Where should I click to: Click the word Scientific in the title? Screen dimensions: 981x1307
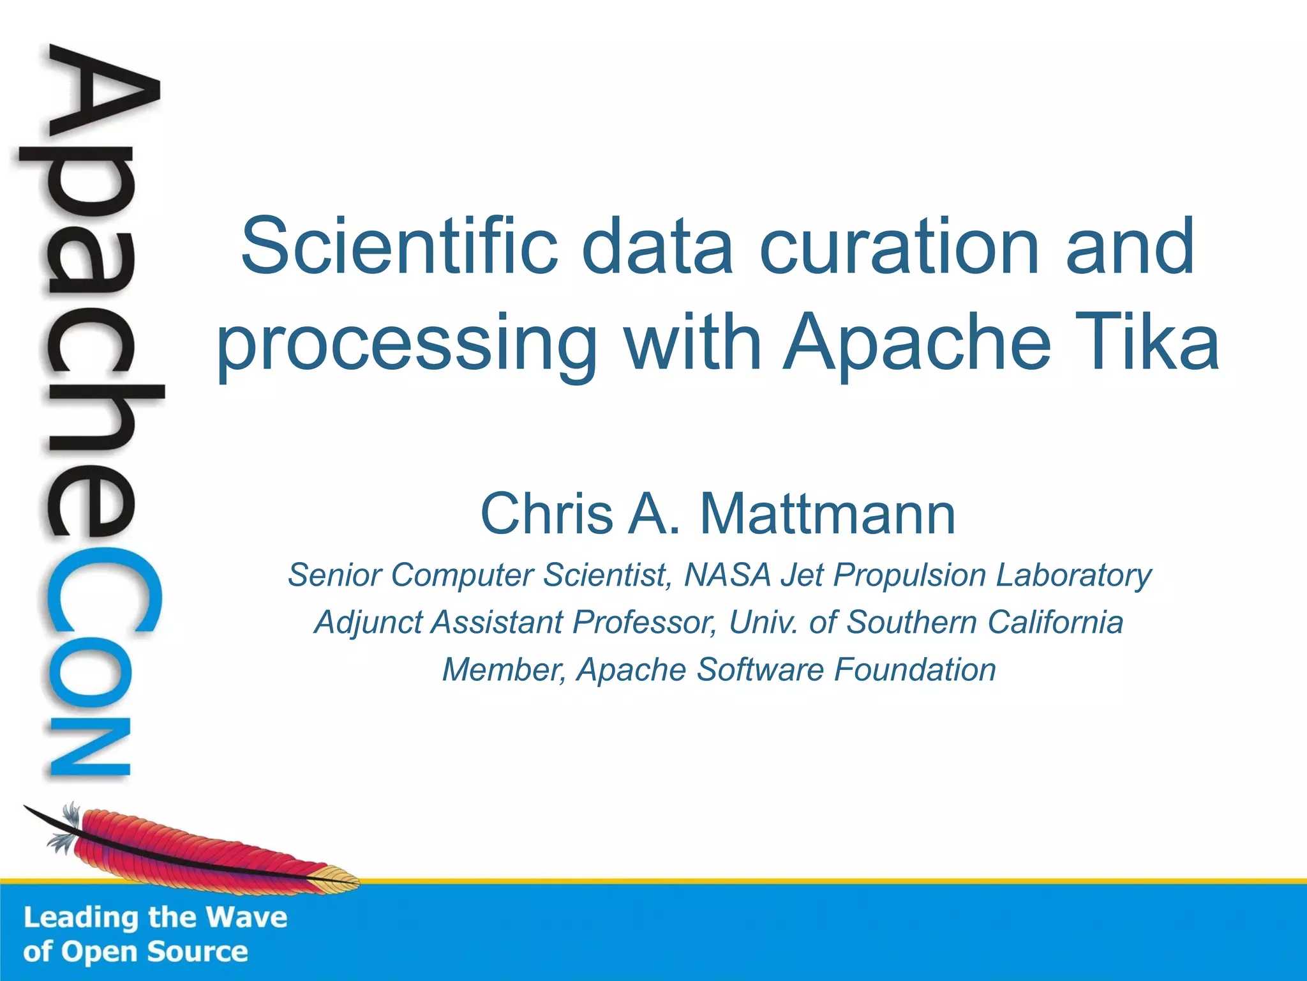coord(398,246)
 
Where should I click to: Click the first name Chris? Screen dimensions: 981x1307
coord(546,514)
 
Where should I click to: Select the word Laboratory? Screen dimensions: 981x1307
coord(1073,575)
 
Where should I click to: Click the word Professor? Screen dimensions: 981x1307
coord(645,622)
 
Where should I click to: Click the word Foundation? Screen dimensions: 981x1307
coord(915,669)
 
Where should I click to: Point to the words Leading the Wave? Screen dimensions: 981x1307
coord(155,917)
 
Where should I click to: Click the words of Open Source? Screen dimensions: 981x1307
coord(135,952)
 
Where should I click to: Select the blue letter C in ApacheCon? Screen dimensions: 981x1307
coord(102,591)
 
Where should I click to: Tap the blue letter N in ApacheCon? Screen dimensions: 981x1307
coord(89,747)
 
